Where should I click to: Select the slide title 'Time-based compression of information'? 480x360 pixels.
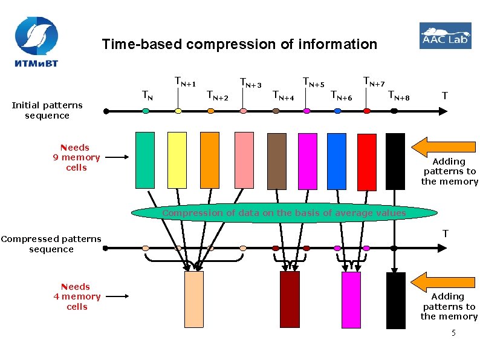tap(239, 44)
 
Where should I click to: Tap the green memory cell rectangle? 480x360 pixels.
tap(145, 160)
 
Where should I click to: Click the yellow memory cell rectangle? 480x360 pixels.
tap(177, 160)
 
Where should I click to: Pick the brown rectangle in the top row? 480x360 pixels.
tap(276, 162)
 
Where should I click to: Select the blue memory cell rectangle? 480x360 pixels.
tap(336, 162)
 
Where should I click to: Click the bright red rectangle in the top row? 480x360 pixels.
tap(366, 162)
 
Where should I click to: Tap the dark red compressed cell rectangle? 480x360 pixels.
tap(290, 299)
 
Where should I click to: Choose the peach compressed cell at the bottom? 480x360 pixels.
tap(193, 299)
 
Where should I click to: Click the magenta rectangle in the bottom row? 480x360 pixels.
tap(351, 299)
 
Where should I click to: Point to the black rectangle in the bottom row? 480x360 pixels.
tap(395, 300)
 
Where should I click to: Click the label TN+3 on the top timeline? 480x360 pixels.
tap(250, 82)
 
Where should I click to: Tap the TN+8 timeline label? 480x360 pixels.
tap(398, 94)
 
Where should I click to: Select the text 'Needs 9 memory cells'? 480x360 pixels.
tap(76, 157)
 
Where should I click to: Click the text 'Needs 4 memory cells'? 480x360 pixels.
tap(77, 296)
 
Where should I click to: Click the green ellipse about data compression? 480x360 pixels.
tap(284, 213)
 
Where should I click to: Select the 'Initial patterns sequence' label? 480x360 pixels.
tap(47, 110)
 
